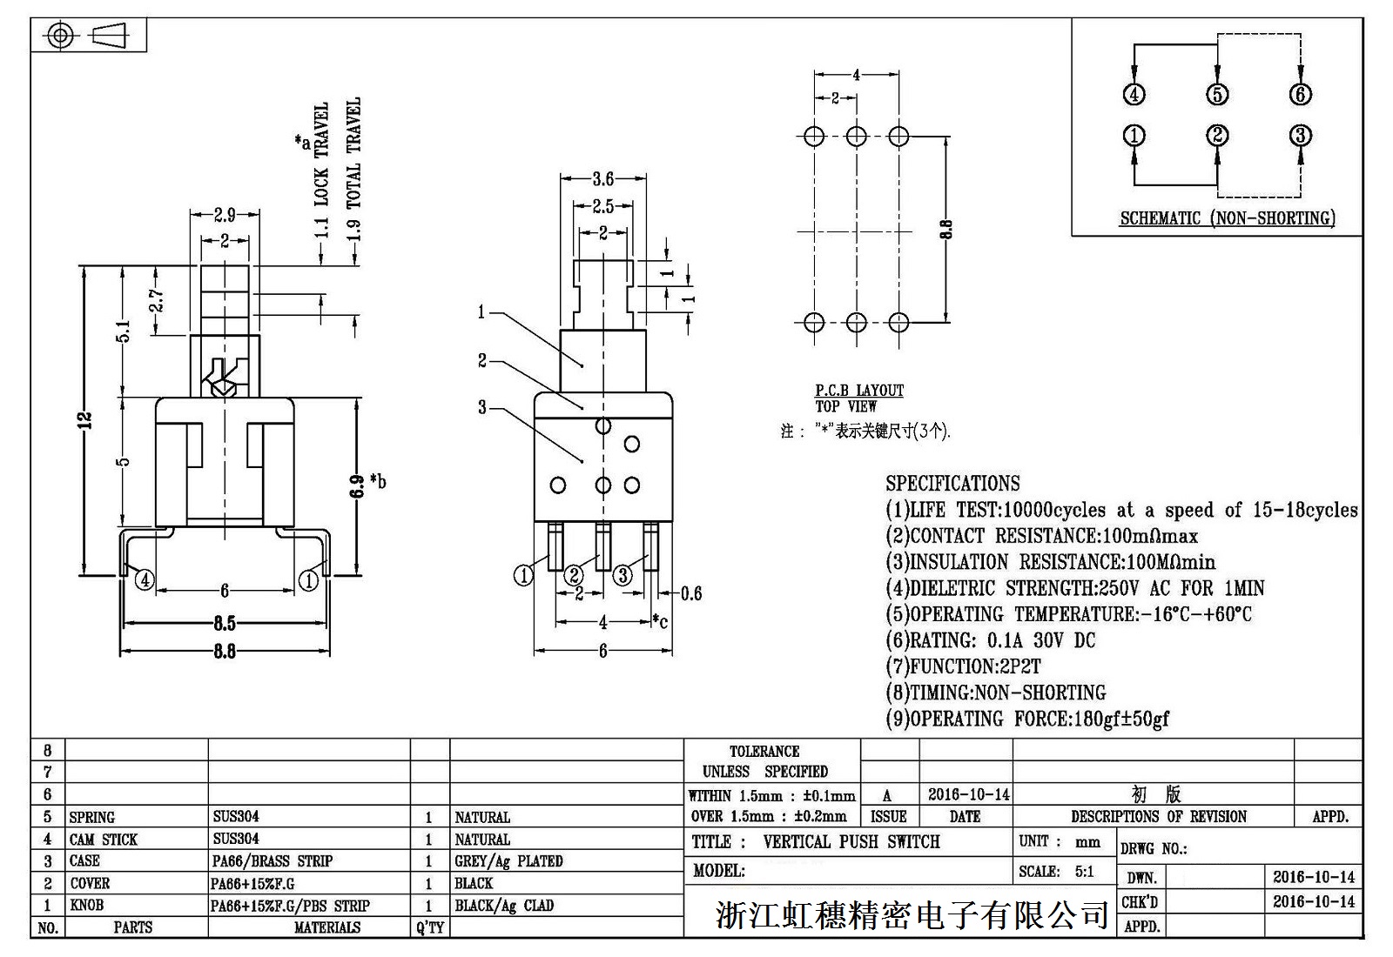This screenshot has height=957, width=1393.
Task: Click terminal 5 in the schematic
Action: pyautogui.click(x=1217, y=95)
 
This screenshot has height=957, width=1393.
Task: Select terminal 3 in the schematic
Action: pyautogui.click(x=1300, y=136)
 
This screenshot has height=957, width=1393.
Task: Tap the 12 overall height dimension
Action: pyautogui.click(x=84, y=420)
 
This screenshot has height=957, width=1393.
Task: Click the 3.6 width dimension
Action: pyautogui.click(x=602, y=179)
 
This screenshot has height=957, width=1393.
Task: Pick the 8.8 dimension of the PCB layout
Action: pyautogui.click(x=946, y=229)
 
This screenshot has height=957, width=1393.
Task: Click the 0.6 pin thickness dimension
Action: pyautogui.click(x=690, y=593)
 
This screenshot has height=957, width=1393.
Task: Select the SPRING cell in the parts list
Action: pyautogui.click(x=91, y=817)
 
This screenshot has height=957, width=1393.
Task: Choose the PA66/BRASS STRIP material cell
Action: pyautogui.click(x=273, y=861)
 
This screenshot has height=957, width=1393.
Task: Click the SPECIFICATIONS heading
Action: pyautogui.click(x=952, y=484)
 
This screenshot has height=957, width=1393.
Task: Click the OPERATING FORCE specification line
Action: pyautogui.click(x=1027, y=719)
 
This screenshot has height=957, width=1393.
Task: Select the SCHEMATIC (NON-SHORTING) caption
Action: pyautogui.click(x=1227, y=218)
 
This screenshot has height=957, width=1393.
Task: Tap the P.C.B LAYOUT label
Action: pyautogui.click(x=858, y=391)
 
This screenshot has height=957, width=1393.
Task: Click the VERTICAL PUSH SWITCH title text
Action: pyautogui.click(x=851, y=842)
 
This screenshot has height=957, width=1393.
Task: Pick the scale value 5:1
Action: pyautogui.click(x=1084, y=872)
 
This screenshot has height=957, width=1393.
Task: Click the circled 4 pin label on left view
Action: pyautogui.click(x=145, y=579)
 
